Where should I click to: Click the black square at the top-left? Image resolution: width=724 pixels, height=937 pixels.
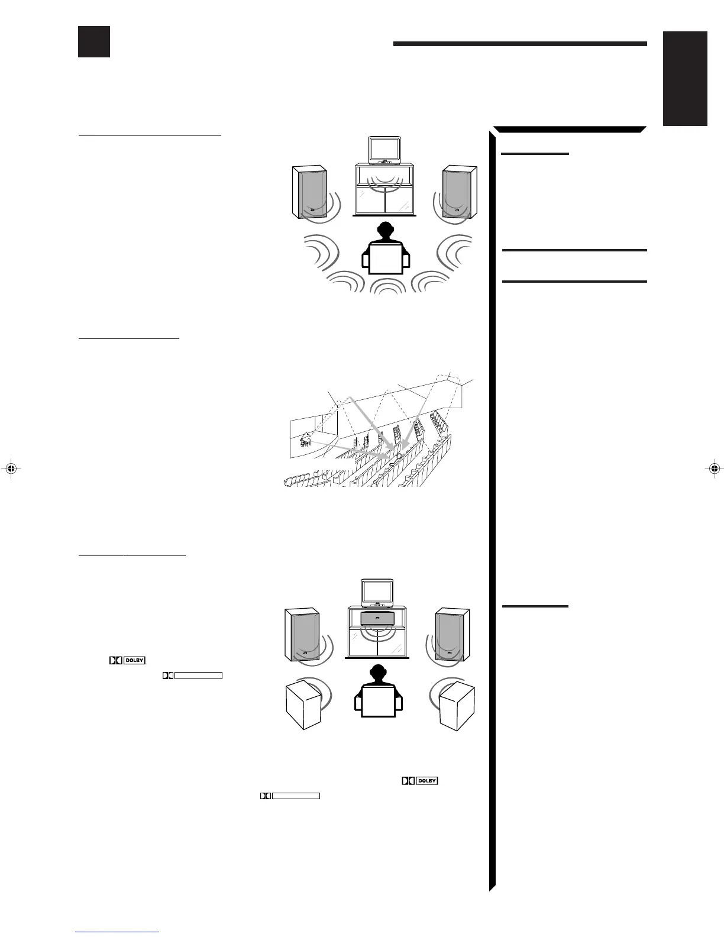click(94, 41)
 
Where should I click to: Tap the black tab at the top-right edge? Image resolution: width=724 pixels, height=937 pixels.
click(685, 78)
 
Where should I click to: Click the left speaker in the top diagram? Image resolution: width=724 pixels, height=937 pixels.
click(309, 192)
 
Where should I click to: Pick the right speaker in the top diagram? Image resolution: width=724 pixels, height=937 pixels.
click(460, 192)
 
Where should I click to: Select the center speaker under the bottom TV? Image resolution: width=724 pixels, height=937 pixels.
click(377, 619)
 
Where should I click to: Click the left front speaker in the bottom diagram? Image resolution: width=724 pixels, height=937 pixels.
click(302, 635)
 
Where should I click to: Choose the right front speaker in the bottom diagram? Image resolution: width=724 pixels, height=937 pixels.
click(452, 635)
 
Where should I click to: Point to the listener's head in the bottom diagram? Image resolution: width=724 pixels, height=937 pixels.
click(377, 673)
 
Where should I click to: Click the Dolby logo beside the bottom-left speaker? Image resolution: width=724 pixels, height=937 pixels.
click(127, 661)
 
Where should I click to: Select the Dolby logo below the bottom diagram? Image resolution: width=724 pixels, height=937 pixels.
click(420, 781)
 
